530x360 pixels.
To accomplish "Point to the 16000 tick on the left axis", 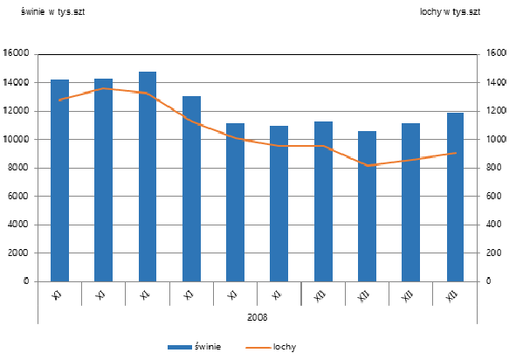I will point(17,54).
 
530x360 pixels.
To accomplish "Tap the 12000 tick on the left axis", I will point(17,111).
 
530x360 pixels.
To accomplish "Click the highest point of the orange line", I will point(103,88).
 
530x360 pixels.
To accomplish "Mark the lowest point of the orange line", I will point(367,165).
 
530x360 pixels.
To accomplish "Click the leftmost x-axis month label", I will point(58,296).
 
